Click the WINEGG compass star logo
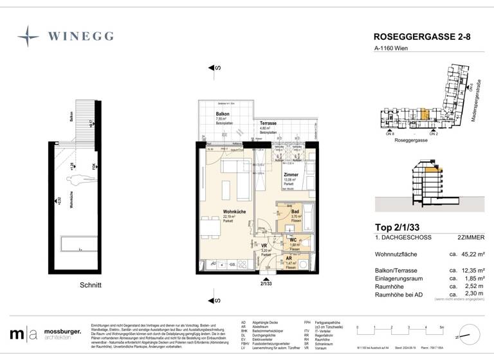[28, 36]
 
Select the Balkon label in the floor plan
[223, 114]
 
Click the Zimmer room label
[290, 174]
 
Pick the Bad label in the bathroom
[295, 212]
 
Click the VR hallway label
[264, 245]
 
